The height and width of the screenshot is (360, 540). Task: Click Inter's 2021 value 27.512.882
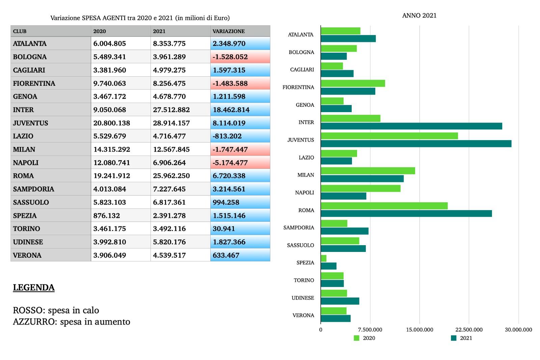tap(171, 110)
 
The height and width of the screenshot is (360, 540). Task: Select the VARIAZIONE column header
tap(228, 31)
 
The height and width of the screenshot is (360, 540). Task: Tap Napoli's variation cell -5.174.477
tap(230, 163)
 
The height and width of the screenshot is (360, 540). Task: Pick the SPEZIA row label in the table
tap(25, 215)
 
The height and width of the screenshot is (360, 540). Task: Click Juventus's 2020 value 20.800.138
tap(111, 123)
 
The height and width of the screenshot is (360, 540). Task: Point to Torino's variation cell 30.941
tap(223, 229)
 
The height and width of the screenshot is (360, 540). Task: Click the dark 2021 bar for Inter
tap(411, 126)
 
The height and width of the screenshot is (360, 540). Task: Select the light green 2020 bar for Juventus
tap(389, 136)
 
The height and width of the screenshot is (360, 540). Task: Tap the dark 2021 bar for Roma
tap(406, 213)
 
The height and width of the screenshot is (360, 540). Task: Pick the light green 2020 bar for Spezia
tap(323, 258)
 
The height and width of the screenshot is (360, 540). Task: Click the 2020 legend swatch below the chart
tap(356, 338)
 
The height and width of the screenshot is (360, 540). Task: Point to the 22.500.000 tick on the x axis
tap(469, 330)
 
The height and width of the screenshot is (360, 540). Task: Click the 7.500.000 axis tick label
tap(370, 330)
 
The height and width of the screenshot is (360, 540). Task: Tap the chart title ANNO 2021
tap(419, 16)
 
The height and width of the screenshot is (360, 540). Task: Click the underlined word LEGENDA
tap(34, 287)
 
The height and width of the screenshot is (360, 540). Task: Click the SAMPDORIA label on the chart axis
tap(298, 228)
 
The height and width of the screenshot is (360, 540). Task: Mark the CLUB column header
tap(20, 31)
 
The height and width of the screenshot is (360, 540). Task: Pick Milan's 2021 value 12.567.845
tap(171, 149)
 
